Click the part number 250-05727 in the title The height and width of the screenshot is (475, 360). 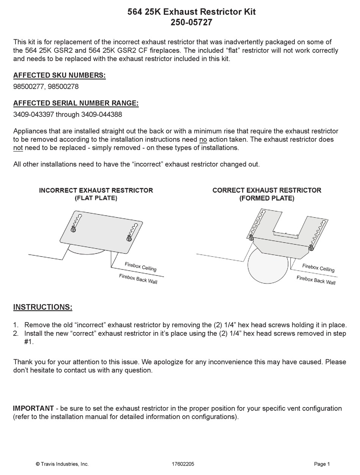point(191,23)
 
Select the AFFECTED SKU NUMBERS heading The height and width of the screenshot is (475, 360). point(59,75)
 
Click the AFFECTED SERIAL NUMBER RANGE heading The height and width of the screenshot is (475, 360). point(76,103)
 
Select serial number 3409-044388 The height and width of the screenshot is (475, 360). point(102,114)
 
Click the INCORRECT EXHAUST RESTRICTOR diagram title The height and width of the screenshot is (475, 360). point(96,190)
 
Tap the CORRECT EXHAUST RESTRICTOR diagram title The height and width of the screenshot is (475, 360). point(267,190)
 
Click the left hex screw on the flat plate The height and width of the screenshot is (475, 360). point(74,229)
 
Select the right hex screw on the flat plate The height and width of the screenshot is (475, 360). point(129,238)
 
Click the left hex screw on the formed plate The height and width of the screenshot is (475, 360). point(251,238)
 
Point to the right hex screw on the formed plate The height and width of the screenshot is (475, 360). point(311,248)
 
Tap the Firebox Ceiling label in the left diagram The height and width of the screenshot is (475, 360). point(141,267)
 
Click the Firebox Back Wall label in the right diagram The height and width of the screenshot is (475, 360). point(316,280)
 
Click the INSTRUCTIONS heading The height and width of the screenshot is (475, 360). point(43,307)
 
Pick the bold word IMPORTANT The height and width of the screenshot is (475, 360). point(33,409)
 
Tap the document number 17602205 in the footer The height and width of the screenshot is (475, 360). point(183,464)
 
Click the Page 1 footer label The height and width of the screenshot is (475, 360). point(322,464)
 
